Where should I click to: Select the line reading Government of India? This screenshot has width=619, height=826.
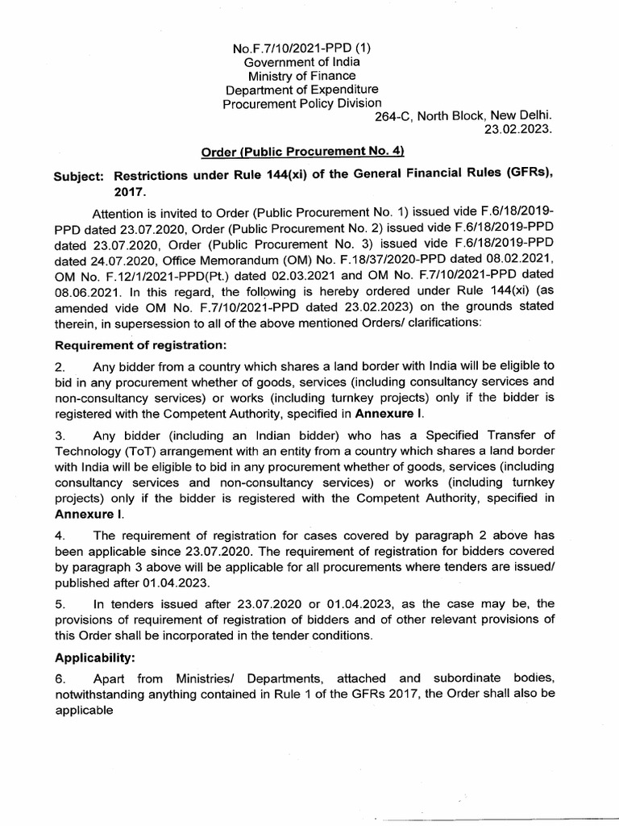(x=302, y=61)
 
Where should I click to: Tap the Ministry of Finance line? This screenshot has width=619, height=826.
(x=302, y=75)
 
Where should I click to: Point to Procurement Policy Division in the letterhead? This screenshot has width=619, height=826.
(x=302, y=102)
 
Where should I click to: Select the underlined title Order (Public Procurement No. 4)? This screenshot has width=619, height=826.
(x=301, y=152)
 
